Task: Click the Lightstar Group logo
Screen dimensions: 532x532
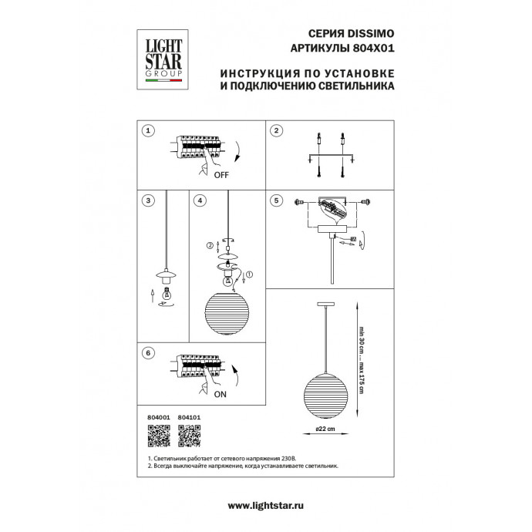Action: tap(160, 56)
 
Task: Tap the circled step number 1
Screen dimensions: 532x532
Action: tap(148, 132)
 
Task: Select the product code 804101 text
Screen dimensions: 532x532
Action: tap(189, 417)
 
